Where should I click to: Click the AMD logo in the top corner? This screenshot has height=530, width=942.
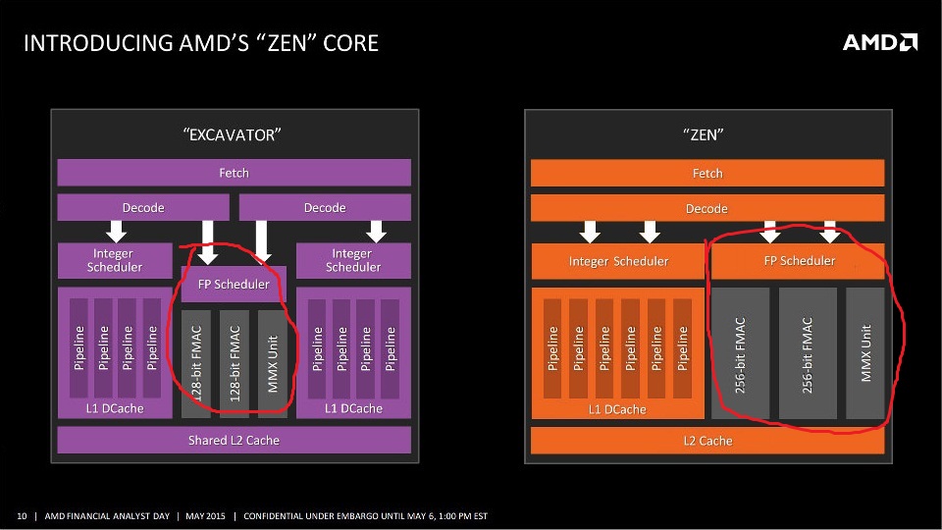[x=880, y=42]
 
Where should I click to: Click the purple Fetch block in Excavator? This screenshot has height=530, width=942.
[x=234, y=173]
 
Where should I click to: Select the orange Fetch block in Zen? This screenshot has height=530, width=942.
[x=706, y=173]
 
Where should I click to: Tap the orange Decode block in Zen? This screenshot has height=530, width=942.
[x=706, y=208]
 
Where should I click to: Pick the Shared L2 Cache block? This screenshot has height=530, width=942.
[x=234, y=440]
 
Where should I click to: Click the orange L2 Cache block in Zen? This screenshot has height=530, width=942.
[x=706, y=441]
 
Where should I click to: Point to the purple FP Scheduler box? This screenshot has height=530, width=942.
[x=234, y=284]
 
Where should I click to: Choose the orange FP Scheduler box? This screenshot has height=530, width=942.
[x=798, y=261]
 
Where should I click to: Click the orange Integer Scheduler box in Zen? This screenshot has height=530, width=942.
[x=618, y=261]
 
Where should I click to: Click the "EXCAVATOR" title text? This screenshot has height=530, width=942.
[x=234, y=135]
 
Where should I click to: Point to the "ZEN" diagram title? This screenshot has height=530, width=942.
[x=706, y=135]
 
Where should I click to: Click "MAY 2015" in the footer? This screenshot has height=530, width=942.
[x=206, y=516]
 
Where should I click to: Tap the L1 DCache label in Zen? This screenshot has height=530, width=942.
[x=617, y=409]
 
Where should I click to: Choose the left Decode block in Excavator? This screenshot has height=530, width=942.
[x=143, y=208]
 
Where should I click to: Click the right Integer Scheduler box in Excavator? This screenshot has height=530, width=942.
[x=353, y=260]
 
